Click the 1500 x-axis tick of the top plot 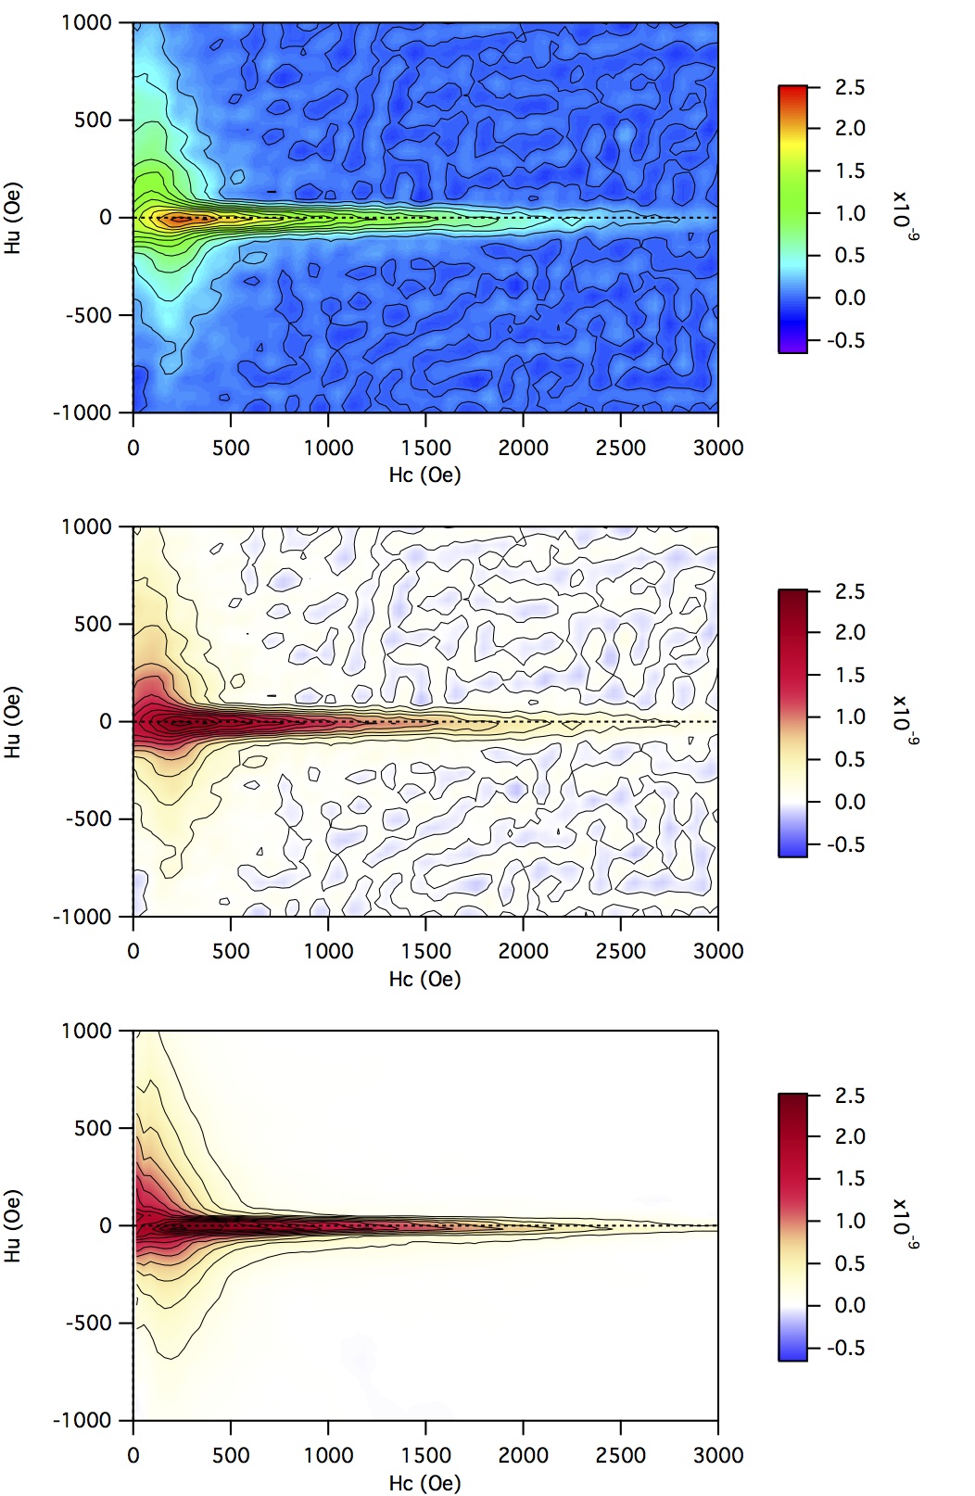pos(425,448)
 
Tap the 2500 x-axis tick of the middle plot pos(621,951)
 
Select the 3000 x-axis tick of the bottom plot pos(718,1455)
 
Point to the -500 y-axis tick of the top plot pos(88,315)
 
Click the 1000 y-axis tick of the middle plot pos(86,526)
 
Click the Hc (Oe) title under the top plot pos(424,475)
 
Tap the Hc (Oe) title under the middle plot pos(424,980)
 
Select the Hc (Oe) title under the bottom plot pos(424,1483)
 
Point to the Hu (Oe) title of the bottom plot pos(13,1226)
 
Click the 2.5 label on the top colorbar pos(850,87)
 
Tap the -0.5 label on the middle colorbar pos(846,844)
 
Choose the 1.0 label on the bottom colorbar pos(850,1221)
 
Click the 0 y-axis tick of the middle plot pos(106,721)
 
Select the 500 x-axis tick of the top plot pos(231,448)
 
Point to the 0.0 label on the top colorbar pos(850,298)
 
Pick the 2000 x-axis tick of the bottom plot pos(524,1455)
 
